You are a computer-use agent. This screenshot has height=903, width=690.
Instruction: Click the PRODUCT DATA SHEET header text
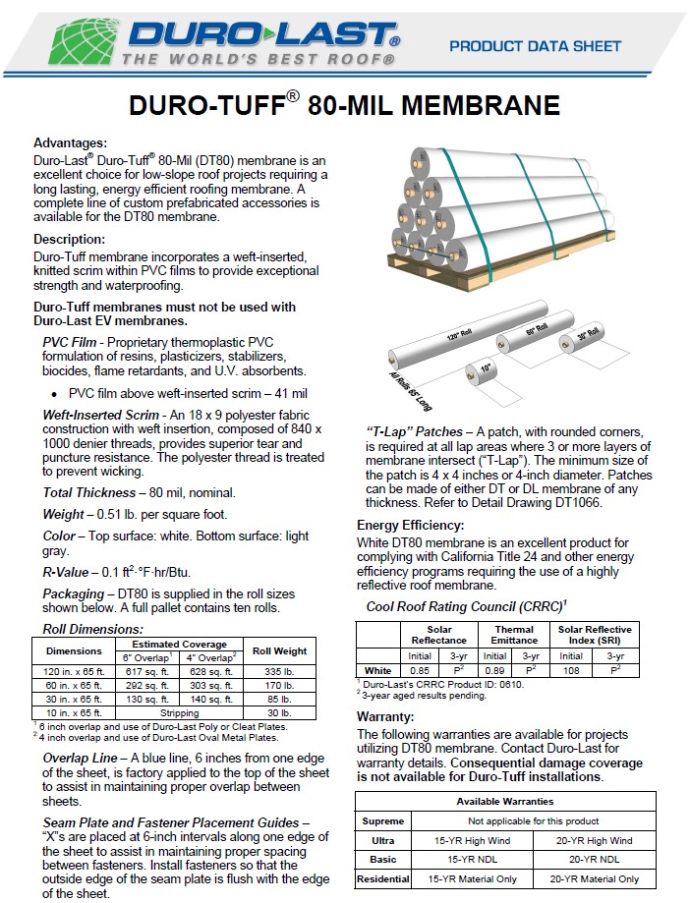[535, 46]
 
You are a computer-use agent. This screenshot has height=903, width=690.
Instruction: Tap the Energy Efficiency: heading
[410, 525]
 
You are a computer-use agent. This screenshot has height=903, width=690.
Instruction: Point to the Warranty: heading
[385, 716]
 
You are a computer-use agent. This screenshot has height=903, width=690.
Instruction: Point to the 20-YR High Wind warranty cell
[594, 840]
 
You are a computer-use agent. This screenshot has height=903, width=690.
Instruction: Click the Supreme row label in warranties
[382, 820]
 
